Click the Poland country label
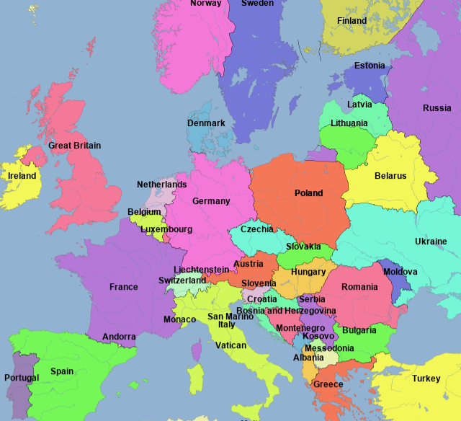point(308,193)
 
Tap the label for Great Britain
point(75,146)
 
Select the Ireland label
point(22,176)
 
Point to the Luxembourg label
point(166,230)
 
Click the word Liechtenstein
point(202,270)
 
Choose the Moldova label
point(400,272)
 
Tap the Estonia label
point(370,66)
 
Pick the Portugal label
point(22,378)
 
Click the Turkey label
point(426,378)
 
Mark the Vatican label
point(231,345)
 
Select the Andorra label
point(119,337)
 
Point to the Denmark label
point(206,123)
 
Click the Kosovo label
point(318,337)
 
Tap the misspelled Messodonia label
point(329,347)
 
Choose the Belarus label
point(390,176)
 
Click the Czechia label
point(257,229)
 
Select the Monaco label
point(179,319)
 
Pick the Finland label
point(352,21)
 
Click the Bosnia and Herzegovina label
point(286,311)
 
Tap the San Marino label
point(230,316)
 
